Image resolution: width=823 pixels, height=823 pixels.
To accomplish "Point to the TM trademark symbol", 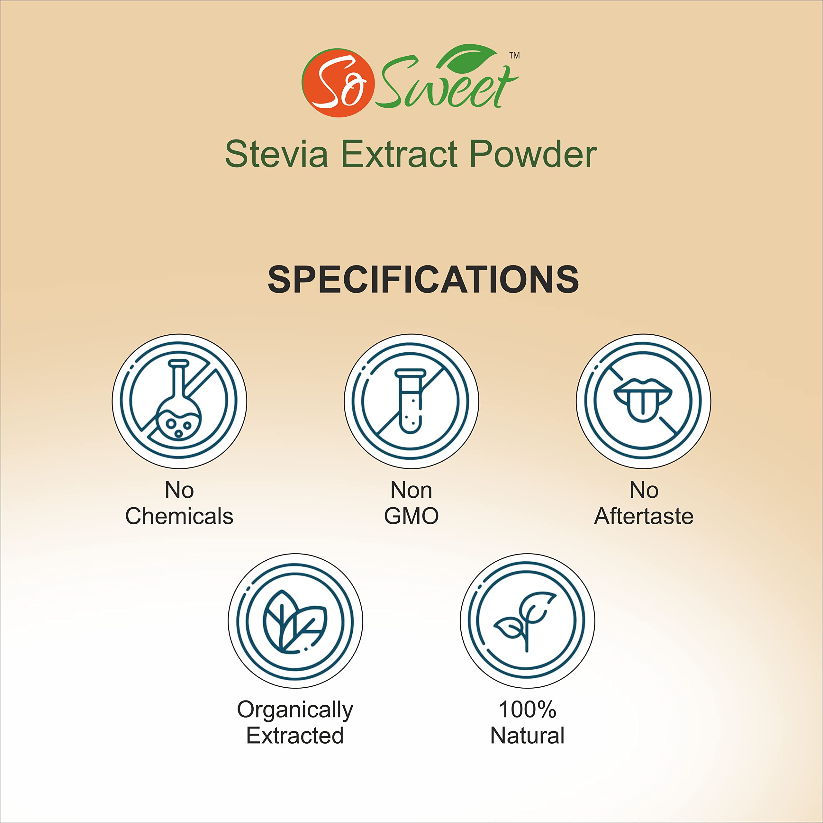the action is pos(515,55).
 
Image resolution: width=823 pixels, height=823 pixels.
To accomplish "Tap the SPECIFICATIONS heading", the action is pos(423,279).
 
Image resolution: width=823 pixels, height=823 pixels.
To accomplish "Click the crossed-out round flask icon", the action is pos(179,401).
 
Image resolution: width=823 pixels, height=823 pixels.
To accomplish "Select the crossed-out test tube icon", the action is pos(411,401).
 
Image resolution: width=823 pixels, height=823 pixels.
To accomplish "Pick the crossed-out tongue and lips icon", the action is pos(644,401).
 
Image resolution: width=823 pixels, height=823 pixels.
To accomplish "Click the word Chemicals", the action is pos(179,516).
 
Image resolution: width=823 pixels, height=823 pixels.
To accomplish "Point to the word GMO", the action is pos(411,516).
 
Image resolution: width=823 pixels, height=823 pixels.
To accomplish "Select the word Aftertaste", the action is pos(644,516).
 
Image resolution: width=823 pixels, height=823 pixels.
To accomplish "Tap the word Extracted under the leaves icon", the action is pos(295,736).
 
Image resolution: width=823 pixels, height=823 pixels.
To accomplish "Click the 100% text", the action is pos(527,710).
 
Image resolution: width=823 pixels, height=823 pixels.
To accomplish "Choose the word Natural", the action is pos(527,736).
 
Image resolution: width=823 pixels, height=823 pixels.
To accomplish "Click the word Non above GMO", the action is pos(411,490).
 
